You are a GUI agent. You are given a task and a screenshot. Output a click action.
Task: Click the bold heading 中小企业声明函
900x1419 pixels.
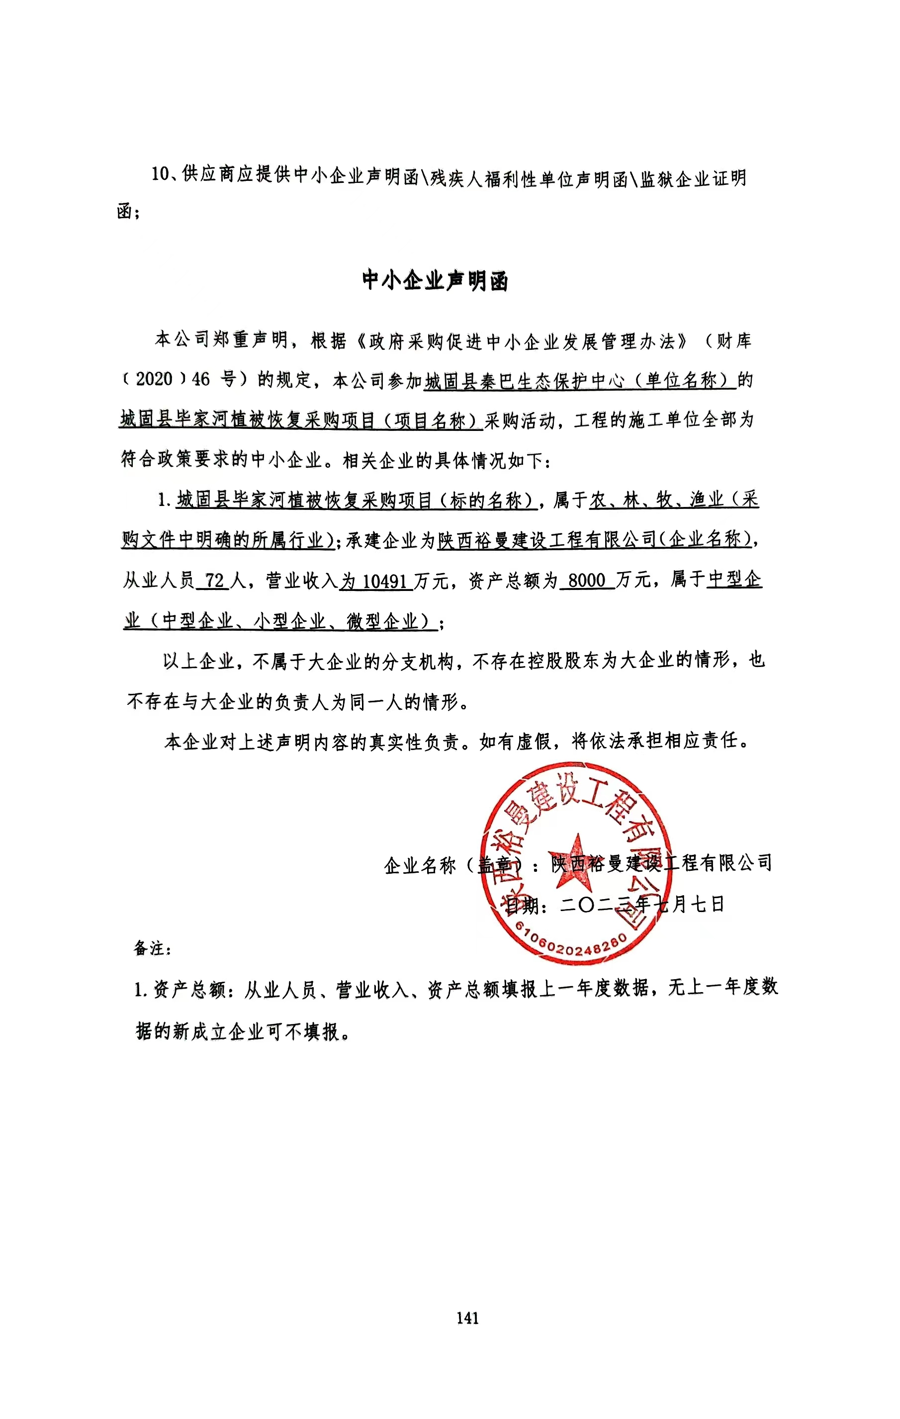tap(435, 280)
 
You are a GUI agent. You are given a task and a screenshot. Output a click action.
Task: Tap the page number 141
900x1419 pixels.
tap(467, 1318)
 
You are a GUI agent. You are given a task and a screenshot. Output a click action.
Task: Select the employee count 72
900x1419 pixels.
tap(214, 581)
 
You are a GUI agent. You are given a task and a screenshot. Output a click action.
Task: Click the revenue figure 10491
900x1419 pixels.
tap(384, 582)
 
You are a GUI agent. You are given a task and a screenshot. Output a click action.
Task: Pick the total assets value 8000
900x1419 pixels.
tap(586, 581)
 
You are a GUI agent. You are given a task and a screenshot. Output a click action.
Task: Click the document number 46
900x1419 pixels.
tap(200, 379)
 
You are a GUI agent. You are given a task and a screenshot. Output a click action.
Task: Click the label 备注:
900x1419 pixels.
tap(152, 948)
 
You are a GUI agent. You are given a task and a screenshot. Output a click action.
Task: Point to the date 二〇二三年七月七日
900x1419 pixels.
tap(642, 904)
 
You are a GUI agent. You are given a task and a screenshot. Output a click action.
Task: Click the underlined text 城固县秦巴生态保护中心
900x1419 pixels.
tap(525, 381)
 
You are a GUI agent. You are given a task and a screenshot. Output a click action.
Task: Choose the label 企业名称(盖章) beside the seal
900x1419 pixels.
tap(454, 865)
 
